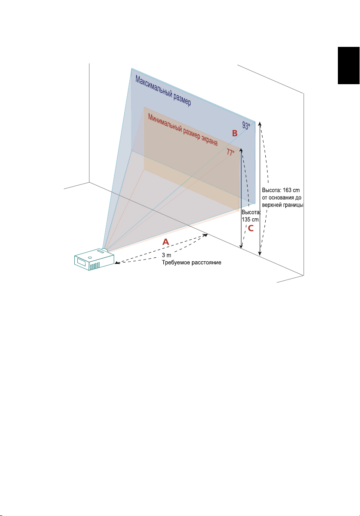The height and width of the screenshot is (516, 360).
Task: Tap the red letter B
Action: pos(234,134)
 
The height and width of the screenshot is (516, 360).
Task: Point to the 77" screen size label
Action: pos(230,152)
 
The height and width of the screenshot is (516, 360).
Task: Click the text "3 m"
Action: pos(167,255)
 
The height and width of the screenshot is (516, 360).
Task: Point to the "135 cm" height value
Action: pos(250,219)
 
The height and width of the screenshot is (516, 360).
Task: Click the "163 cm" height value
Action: pos(290,191)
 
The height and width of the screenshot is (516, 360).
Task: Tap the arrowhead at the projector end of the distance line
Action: pos(115,262)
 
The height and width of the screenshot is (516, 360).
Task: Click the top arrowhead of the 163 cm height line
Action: pos(260,124)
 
